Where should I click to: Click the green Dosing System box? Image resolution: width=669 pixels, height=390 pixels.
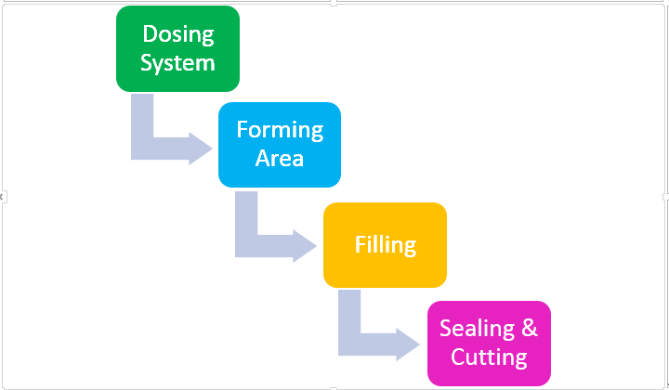pos(177,48)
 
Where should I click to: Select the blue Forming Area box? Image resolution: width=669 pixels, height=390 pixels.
pos(280,145)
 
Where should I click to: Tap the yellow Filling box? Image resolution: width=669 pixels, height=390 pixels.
pos(385,245)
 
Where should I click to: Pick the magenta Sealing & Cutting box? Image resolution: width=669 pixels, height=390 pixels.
pos(489,344)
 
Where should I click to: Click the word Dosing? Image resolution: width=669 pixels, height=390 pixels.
pos(178,35)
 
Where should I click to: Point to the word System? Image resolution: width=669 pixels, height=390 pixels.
pos(177,63)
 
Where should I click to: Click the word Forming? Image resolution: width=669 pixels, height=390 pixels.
pos(280,130)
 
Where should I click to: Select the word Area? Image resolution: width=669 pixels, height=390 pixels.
pos(280,158)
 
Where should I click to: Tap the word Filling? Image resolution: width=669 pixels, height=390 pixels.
pos(386,245)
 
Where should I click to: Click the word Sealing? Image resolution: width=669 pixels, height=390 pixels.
pos(477,329)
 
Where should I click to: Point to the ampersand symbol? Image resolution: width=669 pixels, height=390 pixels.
pos(530,328)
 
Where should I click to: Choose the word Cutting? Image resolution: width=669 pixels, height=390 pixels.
pos(489,357)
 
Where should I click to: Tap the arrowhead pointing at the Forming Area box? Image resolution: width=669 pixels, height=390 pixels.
pos(201,149)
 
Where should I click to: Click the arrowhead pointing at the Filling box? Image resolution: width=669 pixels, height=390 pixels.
pos(305,246)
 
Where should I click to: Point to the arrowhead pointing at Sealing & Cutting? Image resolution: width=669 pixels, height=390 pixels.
pos(408,344)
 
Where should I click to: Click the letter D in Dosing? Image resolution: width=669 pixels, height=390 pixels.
pos(150,33)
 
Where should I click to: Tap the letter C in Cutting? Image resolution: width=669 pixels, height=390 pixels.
pos(458,357)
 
